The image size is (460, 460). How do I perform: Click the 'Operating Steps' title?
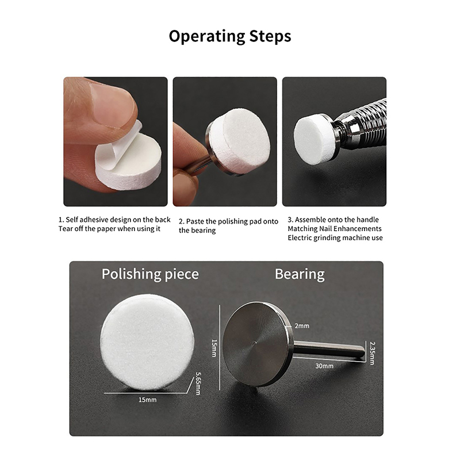[230, 36]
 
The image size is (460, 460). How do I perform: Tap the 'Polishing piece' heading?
[150, 274]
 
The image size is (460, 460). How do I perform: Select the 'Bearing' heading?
[300, 274]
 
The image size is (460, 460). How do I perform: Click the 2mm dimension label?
[302, 325]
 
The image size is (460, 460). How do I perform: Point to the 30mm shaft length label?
[324, 366]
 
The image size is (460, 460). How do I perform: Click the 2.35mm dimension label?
[372, 353]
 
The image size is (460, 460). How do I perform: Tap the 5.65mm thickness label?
[198, 384]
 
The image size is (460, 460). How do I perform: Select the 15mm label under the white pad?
[148, 400]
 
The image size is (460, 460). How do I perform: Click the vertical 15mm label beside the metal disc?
[214, 348]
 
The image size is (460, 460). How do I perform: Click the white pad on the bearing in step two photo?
[240, 141]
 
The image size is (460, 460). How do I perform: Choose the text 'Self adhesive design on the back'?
[118, 220]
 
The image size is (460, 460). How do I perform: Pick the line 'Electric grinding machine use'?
[335, 237]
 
